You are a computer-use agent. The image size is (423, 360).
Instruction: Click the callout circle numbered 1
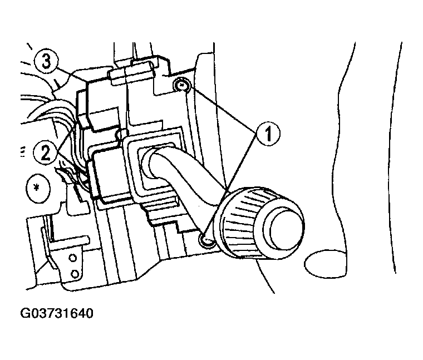[x=268, y=134]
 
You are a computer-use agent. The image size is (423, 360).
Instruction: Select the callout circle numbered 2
[x=45, y=153]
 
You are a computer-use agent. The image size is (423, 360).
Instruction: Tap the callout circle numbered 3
[x=46, y=61]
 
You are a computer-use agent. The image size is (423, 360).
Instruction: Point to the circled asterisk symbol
[x=38, y=188]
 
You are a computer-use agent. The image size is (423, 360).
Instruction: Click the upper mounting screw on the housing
[x=183, y=86]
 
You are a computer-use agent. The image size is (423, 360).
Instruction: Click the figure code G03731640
[x=57, y=313]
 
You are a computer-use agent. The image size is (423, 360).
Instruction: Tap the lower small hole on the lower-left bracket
[x=74, y=274]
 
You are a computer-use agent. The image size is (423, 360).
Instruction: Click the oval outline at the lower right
[x=326, y=263]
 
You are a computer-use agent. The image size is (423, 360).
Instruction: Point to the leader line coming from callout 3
[x=71, y=74]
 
